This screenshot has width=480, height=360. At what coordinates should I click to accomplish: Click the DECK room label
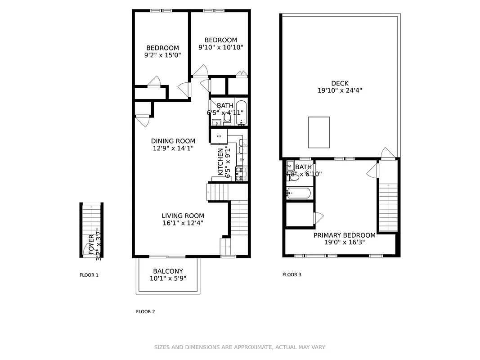tap(340, 83)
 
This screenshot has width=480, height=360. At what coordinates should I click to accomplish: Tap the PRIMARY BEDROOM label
tap(344, 235)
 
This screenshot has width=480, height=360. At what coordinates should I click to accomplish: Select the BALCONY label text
tap(168, 271)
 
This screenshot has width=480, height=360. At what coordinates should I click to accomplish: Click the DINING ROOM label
tap(173, 141)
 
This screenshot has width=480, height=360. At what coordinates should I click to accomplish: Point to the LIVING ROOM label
tap(183, 216)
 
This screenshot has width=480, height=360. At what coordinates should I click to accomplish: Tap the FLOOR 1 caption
tap(89, 275)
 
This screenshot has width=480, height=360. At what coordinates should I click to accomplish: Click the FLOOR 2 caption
tap(145, 311)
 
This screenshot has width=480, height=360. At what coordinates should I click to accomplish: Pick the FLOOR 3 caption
tap(292, 274)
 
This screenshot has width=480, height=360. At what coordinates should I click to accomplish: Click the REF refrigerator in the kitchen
tap(219, 136)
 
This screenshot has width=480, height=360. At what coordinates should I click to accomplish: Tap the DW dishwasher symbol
tap(242, 160)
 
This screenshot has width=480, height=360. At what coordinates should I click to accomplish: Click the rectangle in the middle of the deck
tap(319, 132)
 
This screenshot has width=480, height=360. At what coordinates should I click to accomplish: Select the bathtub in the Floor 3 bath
tap(298, 193)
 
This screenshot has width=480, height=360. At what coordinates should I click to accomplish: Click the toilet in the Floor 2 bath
tap(228, 118)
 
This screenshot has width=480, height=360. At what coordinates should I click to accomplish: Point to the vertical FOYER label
tap(91, 244)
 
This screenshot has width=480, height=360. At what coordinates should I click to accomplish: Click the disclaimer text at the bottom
tap(240, 347)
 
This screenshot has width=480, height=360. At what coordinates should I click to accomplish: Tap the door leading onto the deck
tap(387, 154)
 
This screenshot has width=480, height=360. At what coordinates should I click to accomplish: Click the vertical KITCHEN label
tap(220, 162)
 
